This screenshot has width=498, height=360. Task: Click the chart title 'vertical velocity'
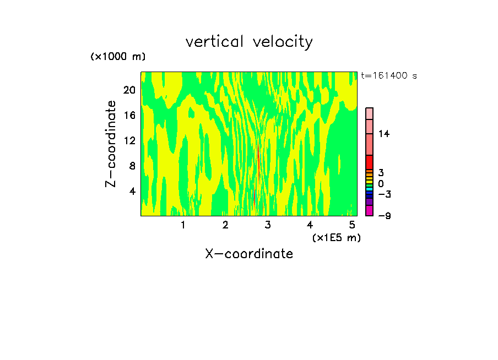249,42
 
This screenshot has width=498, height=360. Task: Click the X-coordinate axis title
249,254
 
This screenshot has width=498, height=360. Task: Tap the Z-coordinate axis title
111,144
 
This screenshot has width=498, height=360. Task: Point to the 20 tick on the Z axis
129,90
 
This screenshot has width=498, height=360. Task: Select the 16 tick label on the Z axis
129,116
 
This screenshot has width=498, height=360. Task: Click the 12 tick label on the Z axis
129,140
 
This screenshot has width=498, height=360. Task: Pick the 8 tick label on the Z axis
132,166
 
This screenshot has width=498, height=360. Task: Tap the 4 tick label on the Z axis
132,191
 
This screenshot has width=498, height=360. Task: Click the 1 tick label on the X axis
183,225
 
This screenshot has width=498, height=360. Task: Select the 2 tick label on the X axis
225,225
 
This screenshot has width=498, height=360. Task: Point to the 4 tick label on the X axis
310,225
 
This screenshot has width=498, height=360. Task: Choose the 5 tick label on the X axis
352,225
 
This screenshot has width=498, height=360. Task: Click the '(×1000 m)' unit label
118,57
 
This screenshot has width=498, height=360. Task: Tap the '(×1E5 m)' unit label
336,238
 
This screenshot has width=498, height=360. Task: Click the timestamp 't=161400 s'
388,75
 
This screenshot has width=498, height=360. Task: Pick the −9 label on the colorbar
384,216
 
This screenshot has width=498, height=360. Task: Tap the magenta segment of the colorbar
369,211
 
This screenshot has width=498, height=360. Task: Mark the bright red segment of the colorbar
369,162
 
